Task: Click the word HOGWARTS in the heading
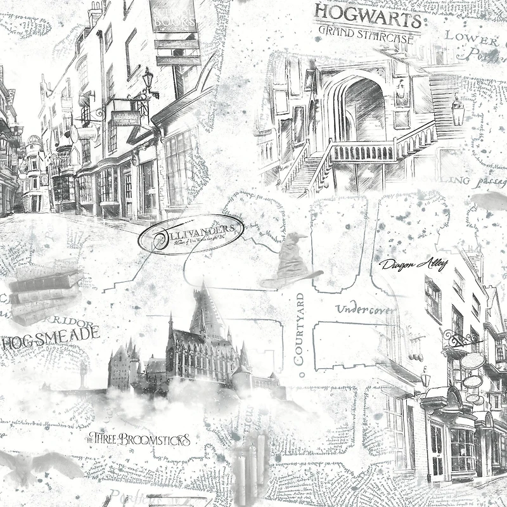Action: pyautogui.click(x=367, y=16)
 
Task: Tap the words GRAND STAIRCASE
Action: pyautogui.click(x=366, y=34)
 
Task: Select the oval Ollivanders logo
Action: pyautogui.click(x=189, y=233)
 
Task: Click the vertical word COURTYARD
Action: pyautogui.click(x=300, y=329)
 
